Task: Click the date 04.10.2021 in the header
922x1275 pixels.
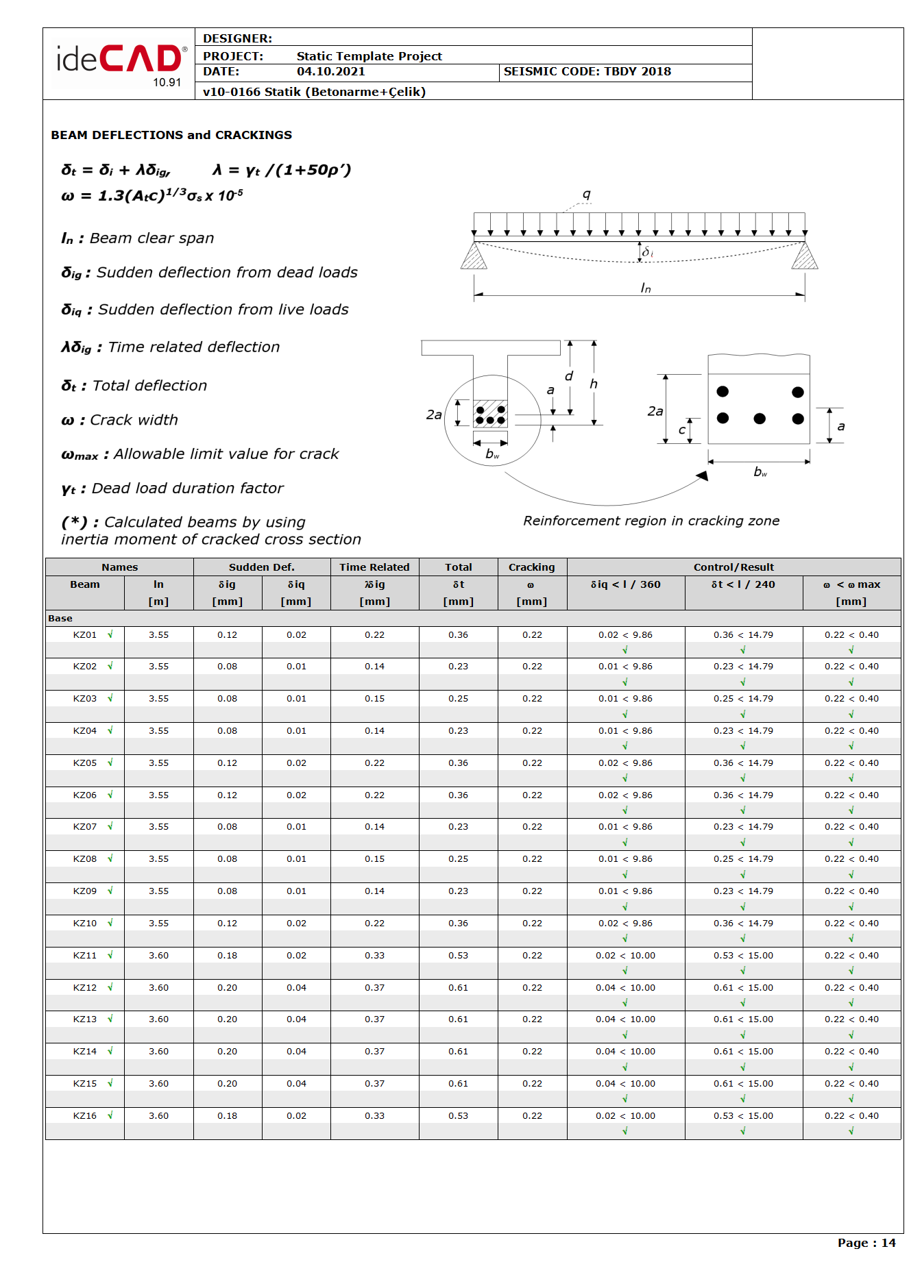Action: click(x=330, y=72)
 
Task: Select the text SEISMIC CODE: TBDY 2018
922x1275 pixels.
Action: click(x=587, y=72)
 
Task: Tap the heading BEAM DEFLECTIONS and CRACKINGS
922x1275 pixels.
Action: click(x=171, y=135)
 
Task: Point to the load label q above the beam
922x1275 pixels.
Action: click(x=586, y=195)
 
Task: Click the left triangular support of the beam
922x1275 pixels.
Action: click(x=474, y=256)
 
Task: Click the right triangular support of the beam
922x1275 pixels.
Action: click(x=805, y=256)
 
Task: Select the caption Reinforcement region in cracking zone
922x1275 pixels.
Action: click(x=651, y=521)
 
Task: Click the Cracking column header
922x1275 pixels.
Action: click(x=531, y=567)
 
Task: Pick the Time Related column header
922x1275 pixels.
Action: click(x=374, y=567)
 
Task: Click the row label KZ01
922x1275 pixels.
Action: click(x=85, y=635)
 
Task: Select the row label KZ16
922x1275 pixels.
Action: click(x=85, y=1116)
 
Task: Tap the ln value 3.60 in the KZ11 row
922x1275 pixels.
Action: click(x=158, y=956)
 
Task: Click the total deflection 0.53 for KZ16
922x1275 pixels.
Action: click(x=458, y=1116)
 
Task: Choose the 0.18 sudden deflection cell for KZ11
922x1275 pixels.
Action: click(x=227, y=956)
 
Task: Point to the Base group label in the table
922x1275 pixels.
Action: click(x=60, y=619)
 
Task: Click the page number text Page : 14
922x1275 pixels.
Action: click(x=866, y=1243)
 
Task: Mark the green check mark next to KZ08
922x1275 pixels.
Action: click(x=110, y=858)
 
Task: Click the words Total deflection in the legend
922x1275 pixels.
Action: click(x=149, y=386)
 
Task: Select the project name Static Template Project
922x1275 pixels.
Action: click(x=369, y=56)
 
